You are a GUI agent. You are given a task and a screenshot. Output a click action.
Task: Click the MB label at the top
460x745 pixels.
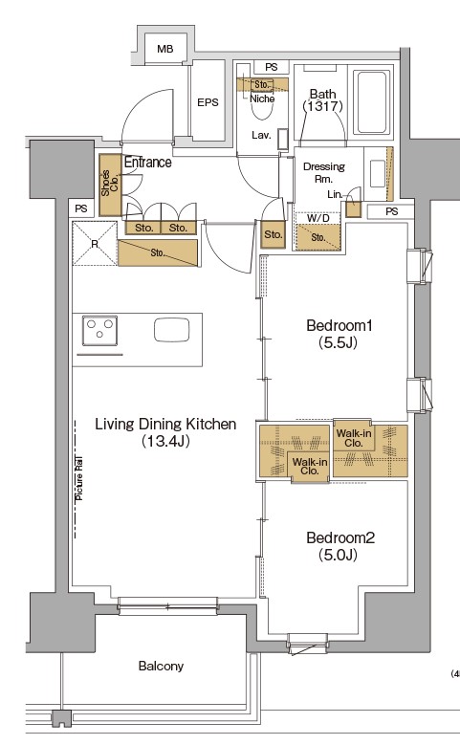(164, 49)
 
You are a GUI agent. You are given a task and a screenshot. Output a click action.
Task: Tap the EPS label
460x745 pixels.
(208, 102)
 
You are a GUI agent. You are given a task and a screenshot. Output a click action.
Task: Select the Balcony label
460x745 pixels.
(161, 666)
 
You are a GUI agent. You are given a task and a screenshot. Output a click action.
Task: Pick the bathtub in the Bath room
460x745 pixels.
(371, 102)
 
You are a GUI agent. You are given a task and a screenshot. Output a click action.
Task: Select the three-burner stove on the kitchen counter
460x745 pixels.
(99, 330)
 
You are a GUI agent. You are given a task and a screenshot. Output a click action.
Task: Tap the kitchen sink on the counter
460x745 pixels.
(171, 330)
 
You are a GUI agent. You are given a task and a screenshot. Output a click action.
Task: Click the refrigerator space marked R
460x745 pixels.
(94, 244)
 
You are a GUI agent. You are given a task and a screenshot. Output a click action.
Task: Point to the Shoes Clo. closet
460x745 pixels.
(110, 184)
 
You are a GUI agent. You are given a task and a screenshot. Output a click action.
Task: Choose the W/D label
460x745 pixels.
(318, 218)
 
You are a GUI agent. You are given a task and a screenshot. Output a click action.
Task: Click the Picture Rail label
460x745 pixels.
(78, 478)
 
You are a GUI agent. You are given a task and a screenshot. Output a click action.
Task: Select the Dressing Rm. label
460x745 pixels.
(324, 172)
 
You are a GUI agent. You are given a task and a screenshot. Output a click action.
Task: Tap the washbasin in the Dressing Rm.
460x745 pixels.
(378, 174)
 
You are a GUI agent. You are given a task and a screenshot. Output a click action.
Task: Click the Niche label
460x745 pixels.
(262, 99)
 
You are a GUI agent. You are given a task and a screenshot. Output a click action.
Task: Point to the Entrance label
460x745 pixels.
(148, 162)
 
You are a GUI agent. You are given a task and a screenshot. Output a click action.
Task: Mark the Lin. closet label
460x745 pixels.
(335, 194)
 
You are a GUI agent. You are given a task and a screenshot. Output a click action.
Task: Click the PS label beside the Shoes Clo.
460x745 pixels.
(81, 208)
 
